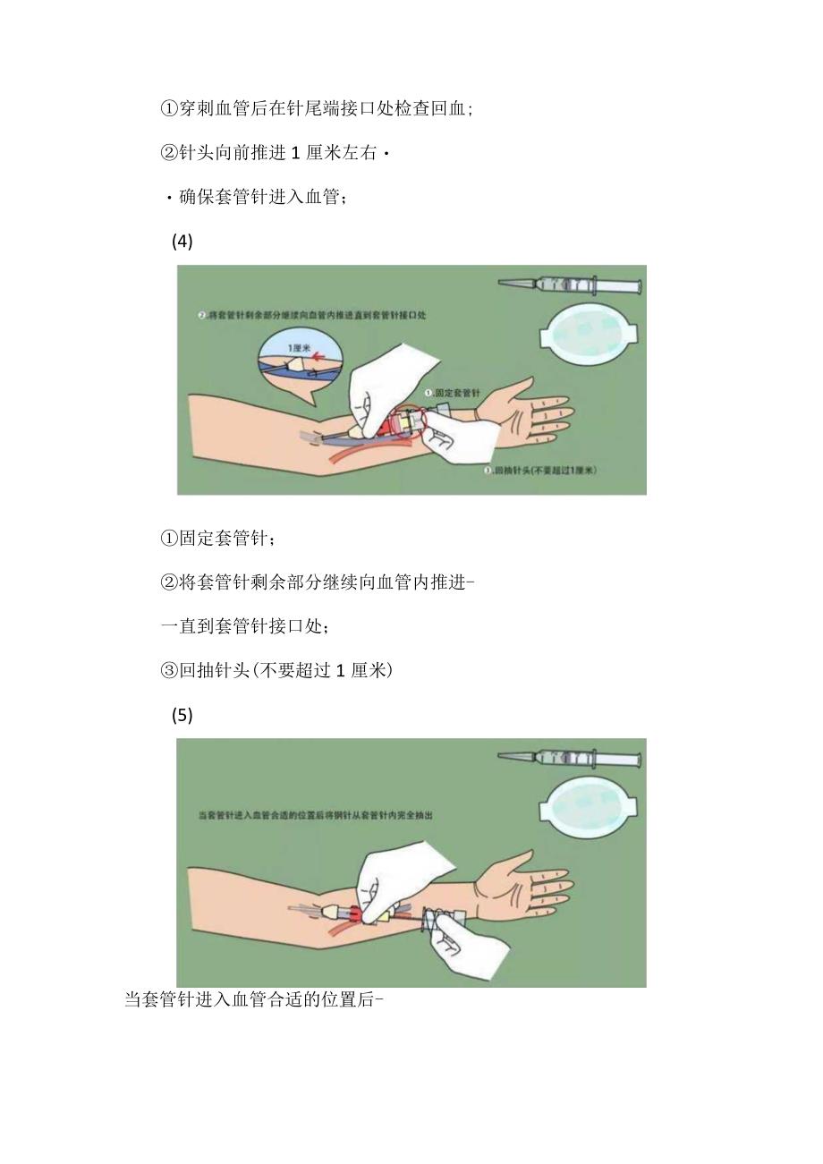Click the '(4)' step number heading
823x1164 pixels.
pyautogui.click(x=182, y=242)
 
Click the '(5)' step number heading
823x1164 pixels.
pyautogui.click(x=182, y=715)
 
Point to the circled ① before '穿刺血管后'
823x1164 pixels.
pyautogui.click(x=170, y=109)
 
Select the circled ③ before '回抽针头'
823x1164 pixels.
pyautogui.click(x=170, y=670)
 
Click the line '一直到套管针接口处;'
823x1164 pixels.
pyautogui.click(x=244, y=626)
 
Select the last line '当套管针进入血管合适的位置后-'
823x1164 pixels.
pyautogui.click(x=254, y=999)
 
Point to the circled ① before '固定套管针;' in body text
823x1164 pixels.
pyautogui.click(x=170, y=539)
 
